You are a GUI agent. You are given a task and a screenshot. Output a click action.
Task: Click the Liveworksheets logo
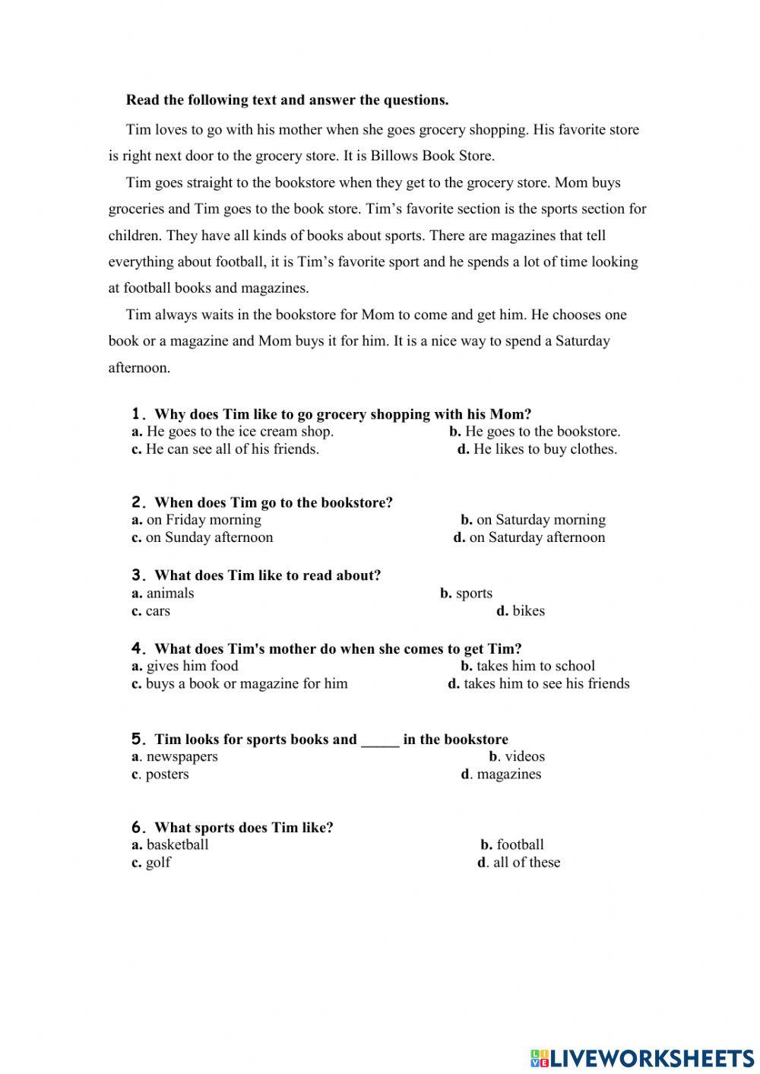click(x=642, y=1057)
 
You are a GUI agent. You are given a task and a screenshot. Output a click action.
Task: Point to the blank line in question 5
click(x=380, y=740)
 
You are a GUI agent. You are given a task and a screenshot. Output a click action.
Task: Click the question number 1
click(x=138, y=414)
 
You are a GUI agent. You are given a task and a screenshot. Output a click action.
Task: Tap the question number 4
click(x=138, y=649)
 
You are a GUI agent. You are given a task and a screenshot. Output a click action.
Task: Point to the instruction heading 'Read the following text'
click(x=287, y=100)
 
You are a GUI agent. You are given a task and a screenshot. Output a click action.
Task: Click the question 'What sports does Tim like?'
click(x=243, y=828)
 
